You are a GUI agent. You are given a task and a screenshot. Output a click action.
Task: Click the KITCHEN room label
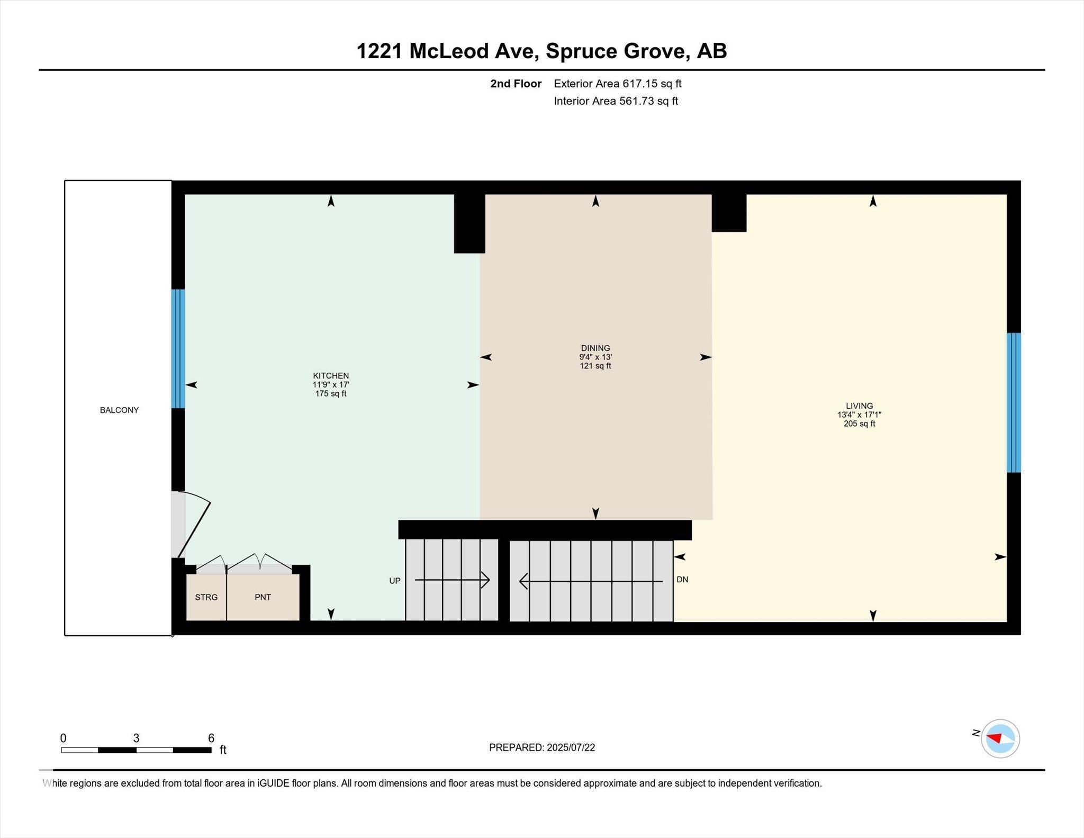331,376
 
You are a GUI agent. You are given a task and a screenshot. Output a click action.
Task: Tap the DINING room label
595,348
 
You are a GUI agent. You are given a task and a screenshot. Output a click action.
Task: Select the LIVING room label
859,406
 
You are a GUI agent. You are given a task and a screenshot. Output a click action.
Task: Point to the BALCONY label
119,410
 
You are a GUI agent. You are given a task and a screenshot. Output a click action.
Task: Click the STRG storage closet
206,597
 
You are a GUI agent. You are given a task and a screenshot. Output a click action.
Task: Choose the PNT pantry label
263,597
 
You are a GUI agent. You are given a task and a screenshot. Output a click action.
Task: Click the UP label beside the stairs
395,581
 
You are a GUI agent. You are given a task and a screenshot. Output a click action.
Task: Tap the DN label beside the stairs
682,580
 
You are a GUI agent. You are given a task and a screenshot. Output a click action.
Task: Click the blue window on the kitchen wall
178,348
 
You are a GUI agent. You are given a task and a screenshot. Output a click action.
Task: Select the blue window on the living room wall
1014,402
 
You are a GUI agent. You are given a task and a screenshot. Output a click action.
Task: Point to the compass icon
1000,738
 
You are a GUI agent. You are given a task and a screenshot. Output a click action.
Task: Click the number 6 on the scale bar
211,738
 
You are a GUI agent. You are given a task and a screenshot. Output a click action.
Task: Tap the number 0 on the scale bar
64,738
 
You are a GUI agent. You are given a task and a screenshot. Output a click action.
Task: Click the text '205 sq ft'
860,423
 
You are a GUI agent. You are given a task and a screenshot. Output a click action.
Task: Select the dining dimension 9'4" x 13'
595,357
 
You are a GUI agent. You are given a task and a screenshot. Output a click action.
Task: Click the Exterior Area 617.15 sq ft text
618,84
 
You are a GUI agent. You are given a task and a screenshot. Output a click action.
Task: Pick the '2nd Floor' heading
516,84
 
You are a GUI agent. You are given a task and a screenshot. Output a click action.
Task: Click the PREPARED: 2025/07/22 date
542,747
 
